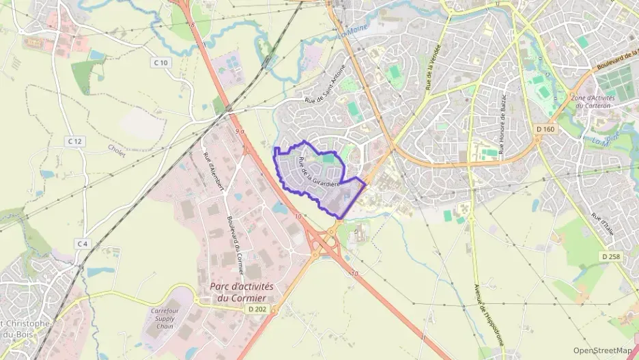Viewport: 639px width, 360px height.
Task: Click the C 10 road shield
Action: tap(160, 63)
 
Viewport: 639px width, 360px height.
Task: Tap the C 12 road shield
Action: tap(75, 141)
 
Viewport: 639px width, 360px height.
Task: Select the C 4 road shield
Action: tap(82, 244)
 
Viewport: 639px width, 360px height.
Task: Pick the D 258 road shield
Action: tap(611, 256)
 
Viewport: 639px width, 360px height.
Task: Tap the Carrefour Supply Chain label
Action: tap(168, 318)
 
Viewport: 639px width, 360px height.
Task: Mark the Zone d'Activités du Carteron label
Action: tap(593, 102)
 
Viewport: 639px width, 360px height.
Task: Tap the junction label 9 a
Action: tap(238, 130)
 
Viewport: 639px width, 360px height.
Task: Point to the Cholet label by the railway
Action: tap(117, 151)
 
